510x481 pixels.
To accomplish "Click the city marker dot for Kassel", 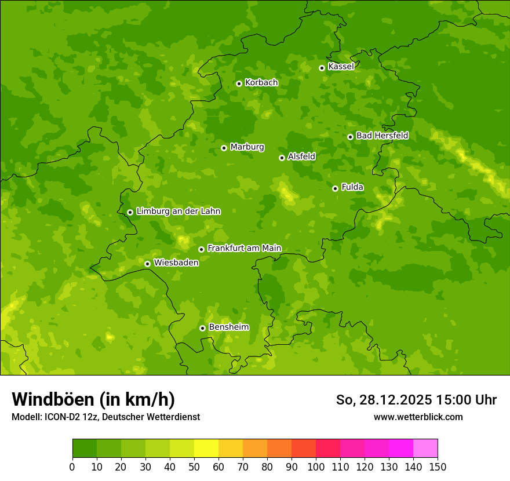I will (x=322, y=68).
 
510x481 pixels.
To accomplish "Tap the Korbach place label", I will (x=261, y=83).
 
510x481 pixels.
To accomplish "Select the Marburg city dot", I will (x=224, y=148).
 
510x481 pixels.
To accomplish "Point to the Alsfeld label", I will (x=301, y=156).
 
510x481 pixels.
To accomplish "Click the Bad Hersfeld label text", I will (x=382, y=136).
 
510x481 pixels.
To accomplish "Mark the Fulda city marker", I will (x=335, y=188).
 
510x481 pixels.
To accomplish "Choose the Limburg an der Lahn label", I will (x=178, y=212).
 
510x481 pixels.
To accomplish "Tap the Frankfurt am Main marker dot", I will (x=201, y=249).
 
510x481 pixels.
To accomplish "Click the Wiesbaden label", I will (x=176, y=263).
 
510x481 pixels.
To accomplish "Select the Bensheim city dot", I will (x=202, y=328).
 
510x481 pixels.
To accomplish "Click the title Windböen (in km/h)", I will (x=93, y=399).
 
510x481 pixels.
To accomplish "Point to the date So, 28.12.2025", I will (x=384, y=400).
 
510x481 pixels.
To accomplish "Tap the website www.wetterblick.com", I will (x=418, y=417).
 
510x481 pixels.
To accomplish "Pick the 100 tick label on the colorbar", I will (x=316, y=467).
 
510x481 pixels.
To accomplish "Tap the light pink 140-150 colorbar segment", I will (x=425, y=448).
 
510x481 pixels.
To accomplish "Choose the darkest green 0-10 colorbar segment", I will (x=85, y=448).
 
